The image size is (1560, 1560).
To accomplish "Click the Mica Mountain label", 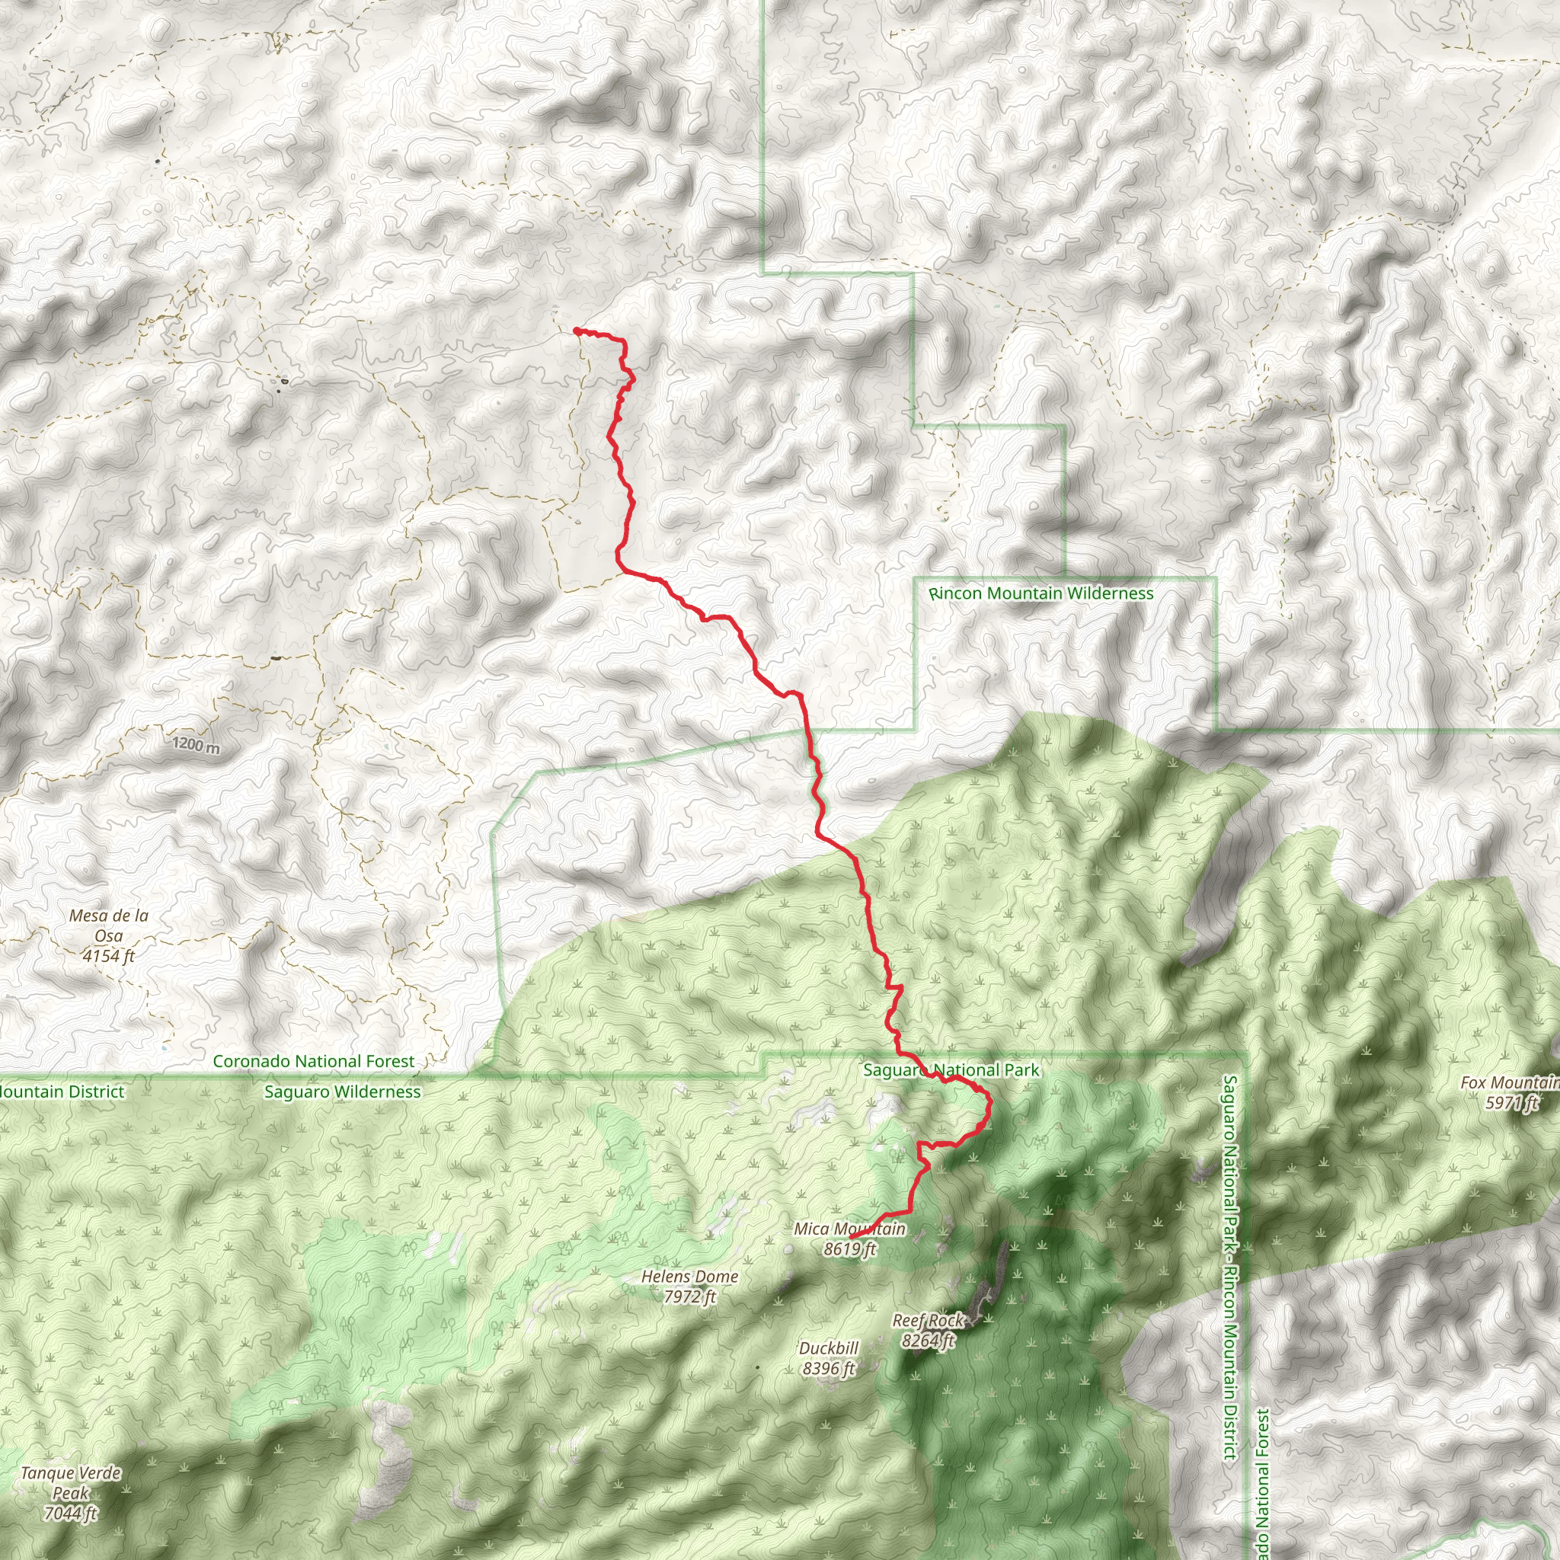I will coord(849,1229).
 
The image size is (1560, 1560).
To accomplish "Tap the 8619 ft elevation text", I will coord(849,1249).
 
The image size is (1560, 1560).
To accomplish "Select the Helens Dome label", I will coord(689,1277).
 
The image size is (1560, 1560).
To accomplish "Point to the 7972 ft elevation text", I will coord(689,1296).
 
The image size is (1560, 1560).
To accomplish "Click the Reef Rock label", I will coord(928,1321).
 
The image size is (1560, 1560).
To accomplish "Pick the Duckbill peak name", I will coord(829,1348).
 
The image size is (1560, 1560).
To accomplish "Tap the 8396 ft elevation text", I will coord(829,1369).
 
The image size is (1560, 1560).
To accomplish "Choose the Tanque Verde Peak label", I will coord(71,1483).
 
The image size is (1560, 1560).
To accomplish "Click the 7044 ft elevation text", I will coord(71,1514).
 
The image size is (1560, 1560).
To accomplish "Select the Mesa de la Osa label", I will coord(109,925).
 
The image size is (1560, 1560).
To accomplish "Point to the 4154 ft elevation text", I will coord(109,956).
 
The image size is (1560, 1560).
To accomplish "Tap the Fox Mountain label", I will coord(1510,1083).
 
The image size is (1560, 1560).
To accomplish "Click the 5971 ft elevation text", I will coord(1511,1103).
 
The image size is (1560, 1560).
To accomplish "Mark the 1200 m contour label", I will coord(197,744).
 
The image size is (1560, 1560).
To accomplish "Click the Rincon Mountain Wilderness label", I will coord(1041,593).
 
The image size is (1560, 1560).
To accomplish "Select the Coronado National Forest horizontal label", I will coord(313,1061).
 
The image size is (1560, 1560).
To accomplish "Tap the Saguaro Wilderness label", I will coord(342,1092).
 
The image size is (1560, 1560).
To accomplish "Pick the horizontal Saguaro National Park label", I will coord(951,1071).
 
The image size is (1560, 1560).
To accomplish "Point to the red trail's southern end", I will coord(851,1237).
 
